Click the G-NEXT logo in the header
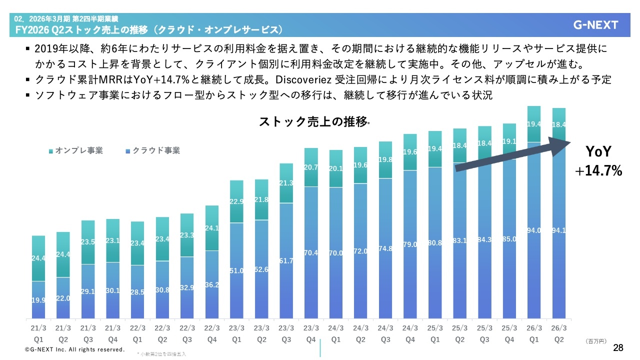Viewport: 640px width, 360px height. pyautogui.click(x=595, y=25)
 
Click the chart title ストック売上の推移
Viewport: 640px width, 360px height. pyautogui.click(x=313, y=121)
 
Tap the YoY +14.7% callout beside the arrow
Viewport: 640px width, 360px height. pyautogui.click(x=598, y=161)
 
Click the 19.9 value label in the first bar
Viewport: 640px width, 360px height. pyautogui.click(x=38, y=300)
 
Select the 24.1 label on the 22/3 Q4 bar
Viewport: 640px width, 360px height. pyautogui.click(x=212, y=228)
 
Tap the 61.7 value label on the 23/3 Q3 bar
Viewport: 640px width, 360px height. pyautogui.click(x=286, y=261)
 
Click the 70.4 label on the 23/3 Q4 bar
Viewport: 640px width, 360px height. pyautogui.click(x=311, y=253)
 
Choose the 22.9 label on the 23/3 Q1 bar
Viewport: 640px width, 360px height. pyautogui.click(x=237, y=201)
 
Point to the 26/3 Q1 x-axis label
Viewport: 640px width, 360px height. pyautogui.click(x=534, y=334)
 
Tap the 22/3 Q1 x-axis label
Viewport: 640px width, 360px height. pyautogui.click(x=137, y=334)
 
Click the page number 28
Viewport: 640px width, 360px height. pyautogui.click(x=618, y=347)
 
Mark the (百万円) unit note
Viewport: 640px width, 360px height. pyautogui.click(x=595, y=341)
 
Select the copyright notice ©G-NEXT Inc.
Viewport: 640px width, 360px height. pyautogui.click(x=74, y=349)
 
